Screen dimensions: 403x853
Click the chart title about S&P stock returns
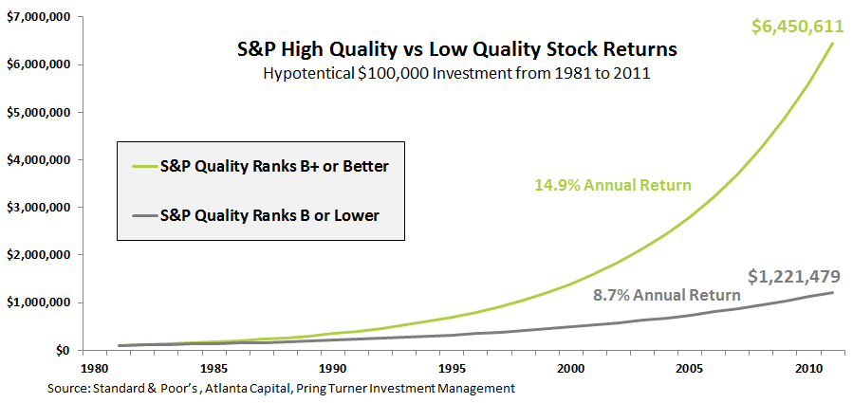click(444, 48)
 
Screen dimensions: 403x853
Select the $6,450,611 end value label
click(797, 26)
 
